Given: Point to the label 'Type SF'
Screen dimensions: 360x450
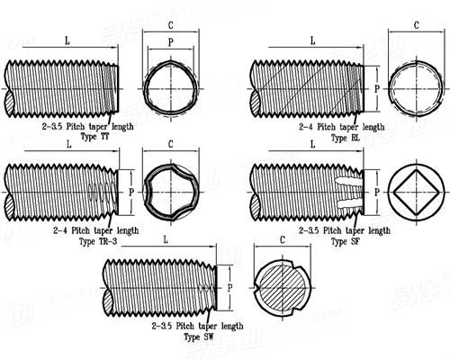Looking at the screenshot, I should pyautogui.click(x=346, y=242).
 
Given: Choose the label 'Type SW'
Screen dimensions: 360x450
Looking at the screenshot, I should pyautogui.click(x=199, y=336).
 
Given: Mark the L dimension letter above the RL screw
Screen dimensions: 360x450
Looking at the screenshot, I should pyautogui.click(x=311, y=41).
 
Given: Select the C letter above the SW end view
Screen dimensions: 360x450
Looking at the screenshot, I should pyautogui.click(x=283, y=241).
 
